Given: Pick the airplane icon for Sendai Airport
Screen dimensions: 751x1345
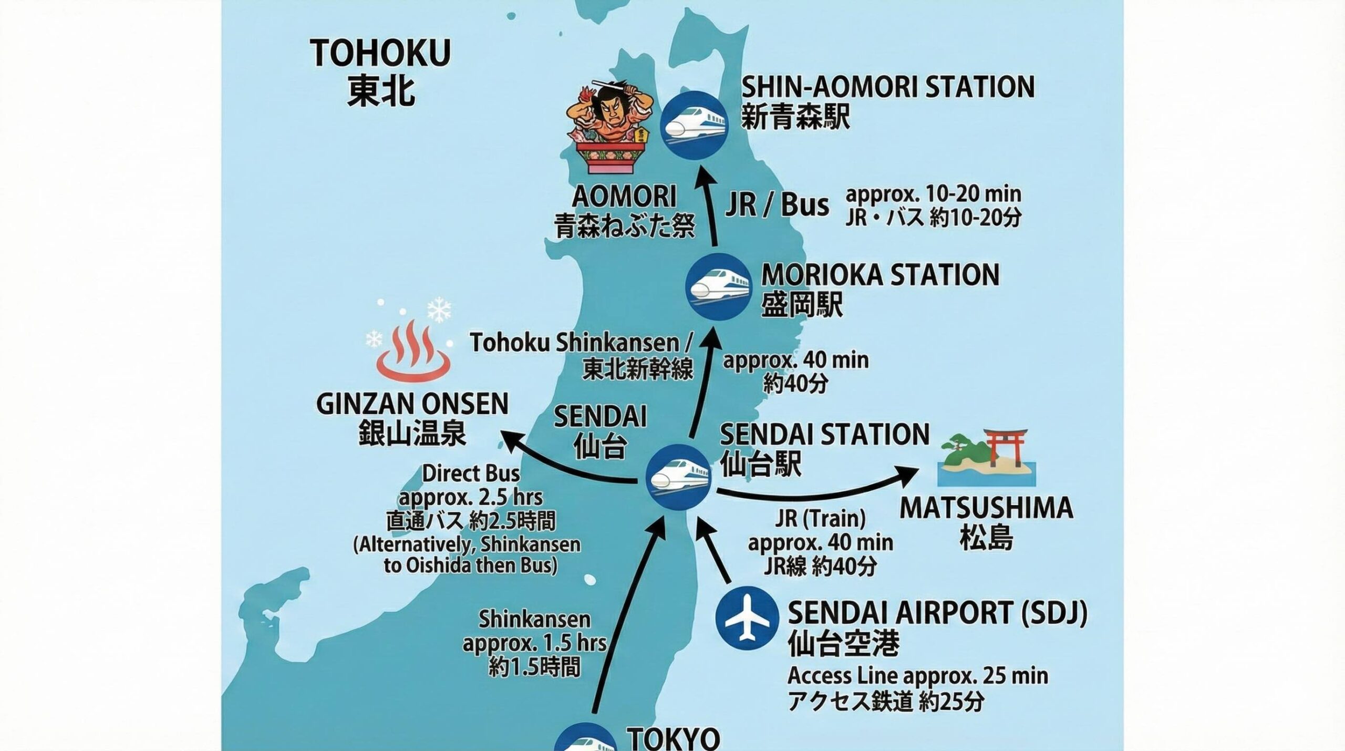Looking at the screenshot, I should [x=747, y=617].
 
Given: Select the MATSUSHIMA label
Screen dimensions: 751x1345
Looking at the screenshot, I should [x=987, y=509].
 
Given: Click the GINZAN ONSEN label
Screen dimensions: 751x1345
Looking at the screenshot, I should [x=412, y=404].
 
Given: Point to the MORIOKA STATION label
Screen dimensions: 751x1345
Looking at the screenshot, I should [x=880, y=275].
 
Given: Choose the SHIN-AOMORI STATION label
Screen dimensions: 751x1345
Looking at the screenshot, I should [x=887, y=87].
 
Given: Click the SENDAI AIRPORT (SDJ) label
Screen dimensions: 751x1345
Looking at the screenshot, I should [x=937, y=613].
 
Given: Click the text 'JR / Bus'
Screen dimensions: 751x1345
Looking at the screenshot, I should [x=777, y=205].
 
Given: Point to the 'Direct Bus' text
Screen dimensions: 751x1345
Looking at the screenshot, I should [x=471, y=474].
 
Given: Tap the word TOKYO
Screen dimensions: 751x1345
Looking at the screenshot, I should [x=674, y=738].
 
